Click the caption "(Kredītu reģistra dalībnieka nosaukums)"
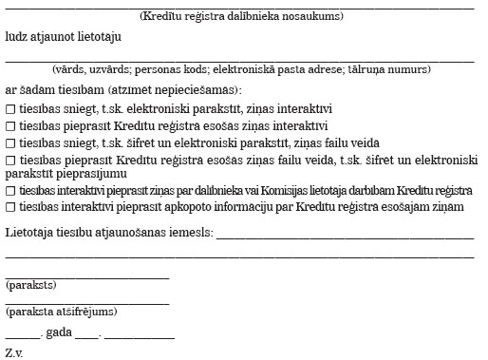point(241,17)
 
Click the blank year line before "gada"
point(23,337)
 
